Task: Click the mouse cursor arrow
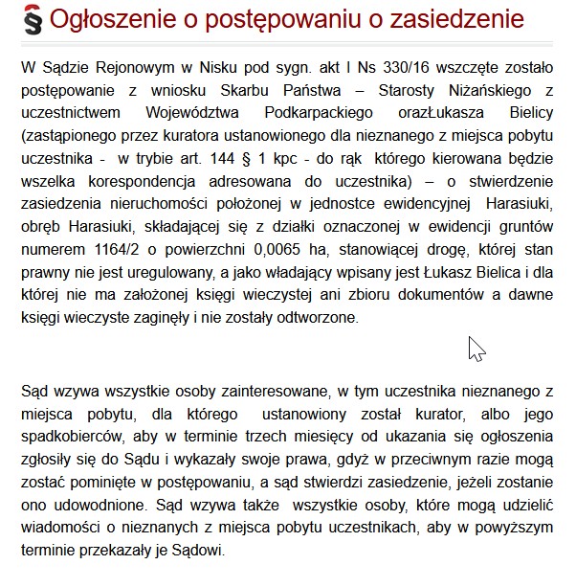point(476,349)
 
